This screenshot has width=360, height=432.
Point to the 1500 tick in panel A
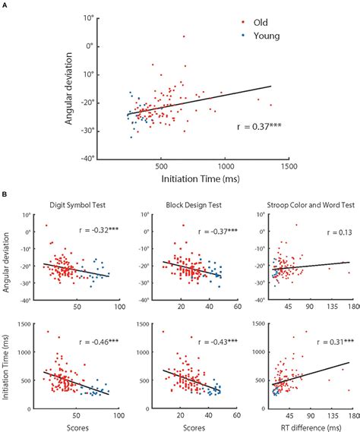[289, 164]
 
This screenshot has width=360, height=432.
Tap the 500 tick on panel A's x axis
[160, 164]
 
